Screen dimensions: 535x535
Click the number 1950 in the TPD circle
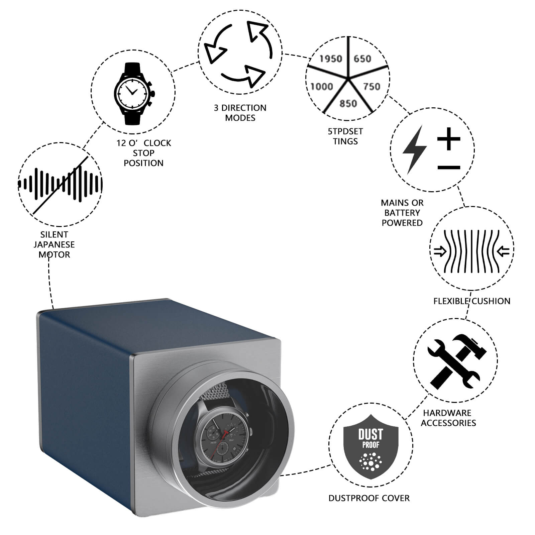(x=331, y=59)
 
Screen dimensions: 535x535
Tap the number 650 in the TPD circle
(x=362, y=59)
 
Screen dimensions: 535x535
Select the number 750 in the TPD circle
(x=372, y=87)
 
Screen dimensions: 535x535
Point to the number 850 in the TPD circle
(x=348, y=104)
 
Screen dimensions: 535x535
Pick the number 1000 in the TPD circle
(x=322, y=87)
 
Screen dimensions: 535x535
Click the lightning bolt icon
(x=414, y=150)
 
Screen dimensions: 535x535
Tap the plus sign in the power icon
(x=449, y=138)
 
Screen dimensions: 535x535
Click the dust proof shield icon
(x=371, y=446)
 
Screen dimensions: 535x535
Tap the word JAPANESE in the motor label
(x=54, y=244)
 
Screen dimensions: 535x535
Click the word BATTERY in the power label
(x=402, y=213)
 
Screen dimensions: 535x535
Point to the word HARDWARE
(x=447, y=413)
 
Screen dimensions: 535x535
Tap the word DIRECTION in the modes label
(x=244, y=108)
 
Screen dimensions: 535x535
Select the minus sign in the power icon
(x=449, y=167)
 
